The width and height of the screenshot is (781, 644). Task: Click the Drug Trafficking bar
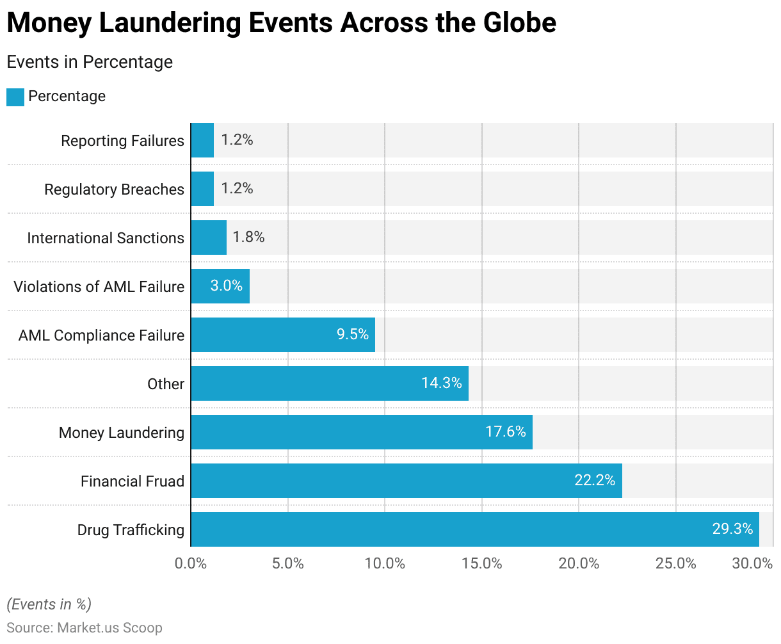point(474,529)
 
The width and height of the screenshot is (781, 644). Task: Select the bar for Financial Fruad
point(406,481)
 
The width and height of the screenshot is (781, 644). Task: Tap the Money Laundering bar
point(361,432)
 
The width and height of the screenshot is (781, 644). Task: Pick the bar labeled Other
point(329,383)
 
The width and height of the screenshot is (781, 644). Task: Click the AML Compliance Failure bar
point(282,335)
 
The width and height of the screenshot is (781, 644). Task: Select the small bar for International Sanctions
point(209,237)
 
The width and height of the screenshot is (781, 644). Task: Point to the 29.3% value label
point(732,529)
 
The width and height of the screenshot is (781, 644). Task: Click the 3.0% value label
point(227,286)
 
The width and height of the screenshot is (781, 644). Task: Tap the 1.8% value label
point(248,237)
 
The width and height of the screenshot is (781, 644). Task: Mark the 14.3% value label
point(441,383)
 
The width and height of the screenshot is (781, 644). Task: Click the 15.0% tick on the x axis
point(481,564)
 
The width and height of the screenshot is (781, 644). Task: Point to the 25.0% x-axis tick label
point(675,564)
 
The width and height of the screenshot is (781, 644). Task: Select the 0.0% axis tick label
point(191,564)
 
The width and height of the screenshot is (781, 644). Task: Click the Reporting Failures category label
point(122,141)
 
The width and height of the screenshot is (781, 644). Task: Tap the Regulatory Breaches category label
point(114,189)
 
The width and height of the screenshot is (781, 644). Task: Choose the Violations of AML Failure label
point(99,287)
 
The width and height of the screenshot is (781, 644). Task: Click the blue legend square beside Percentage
point(15,97)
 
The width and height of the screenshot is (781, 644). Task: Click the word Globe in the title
point(519,23)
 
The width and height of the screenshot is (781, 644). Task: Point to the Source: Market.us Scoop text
point(85,628)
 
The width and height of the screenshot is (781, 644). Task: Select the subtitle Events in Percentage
point(90,62)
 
